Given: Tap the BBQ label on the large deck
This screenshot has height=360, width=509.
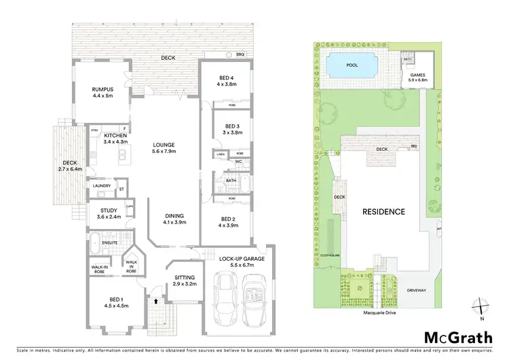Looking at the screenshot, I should click(240, 54).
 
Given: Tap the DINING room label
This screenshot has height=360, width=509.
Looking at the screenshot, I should click(174, 219).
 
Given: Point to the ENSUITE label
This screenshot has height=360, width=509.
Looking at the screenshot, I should click(111, 242).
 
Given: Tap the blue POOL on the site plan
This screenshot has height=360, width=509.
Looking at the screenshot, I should click(350, 66).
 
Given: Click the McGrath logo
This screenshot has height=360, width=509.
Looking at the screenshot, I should click(449, 337).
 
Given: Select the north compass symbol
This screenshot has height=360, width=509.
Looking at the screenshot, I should click(480, 307).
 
